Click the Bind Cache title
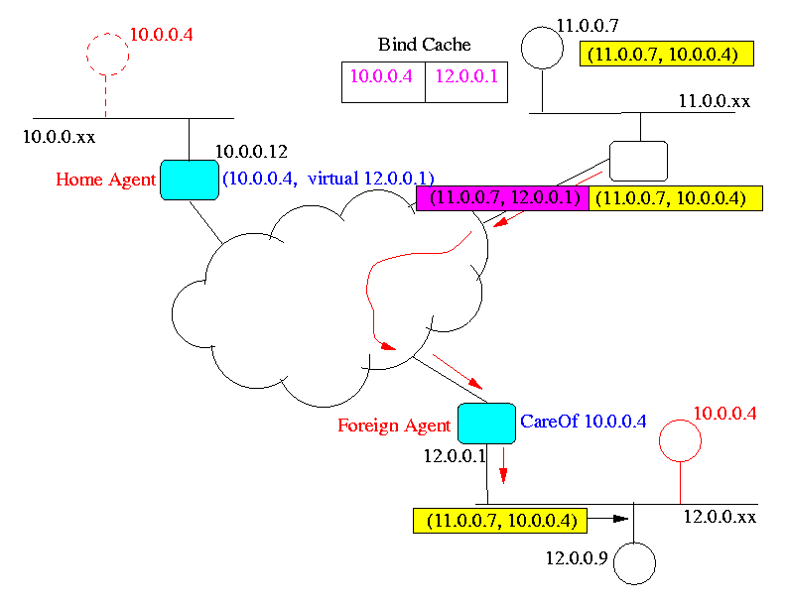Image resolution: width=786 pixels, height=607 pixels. pos(424,45)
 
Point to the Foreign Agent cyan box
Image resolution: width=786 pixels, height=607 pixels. pos(486,424)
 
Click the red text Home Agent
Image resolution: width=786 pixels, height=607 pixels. pos(106,180)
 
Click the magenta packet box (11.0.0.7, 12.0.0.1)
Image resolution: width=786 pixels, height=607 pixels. pos(502,198)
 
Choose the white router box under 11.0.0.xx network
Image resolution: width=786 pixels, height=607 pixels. pos(637,161)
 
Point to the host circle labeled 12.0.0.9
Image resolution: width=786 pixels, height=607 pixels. pos(634,563)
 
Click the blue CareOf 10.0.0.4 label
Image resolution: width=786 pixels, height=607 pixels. pos(584,422)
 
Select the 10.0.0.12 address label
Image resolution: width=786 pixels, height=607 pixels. pos(251,152)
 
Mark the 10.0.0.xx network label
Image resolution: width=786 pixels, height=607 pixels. pos(59,133)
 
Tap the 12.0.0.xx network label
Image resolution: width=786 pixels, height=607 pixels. pos(720,517)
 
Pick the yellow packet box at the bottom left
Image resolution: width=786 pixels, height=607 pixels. pos(499,519)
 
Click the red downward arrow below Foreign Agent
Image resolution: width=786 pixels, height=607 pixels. pos(503,464)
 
